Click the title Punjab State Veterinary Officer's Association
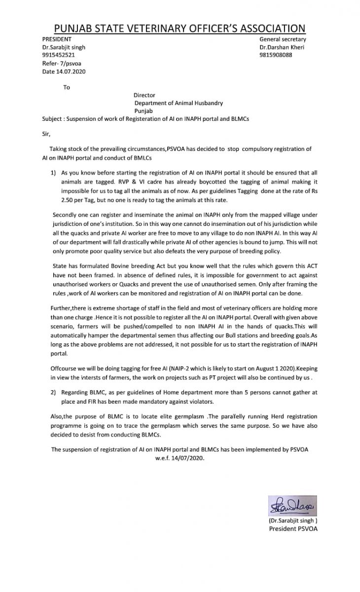pos(180,28)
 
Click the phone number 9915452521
pos(59,55)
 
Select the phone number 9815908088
pos(276,55)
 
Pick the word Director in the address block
pos(144,95)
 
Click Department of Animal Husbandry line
pos(179,103)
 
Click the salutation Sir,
pos(46,133)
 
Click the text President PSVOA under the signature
pos(293,528)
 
